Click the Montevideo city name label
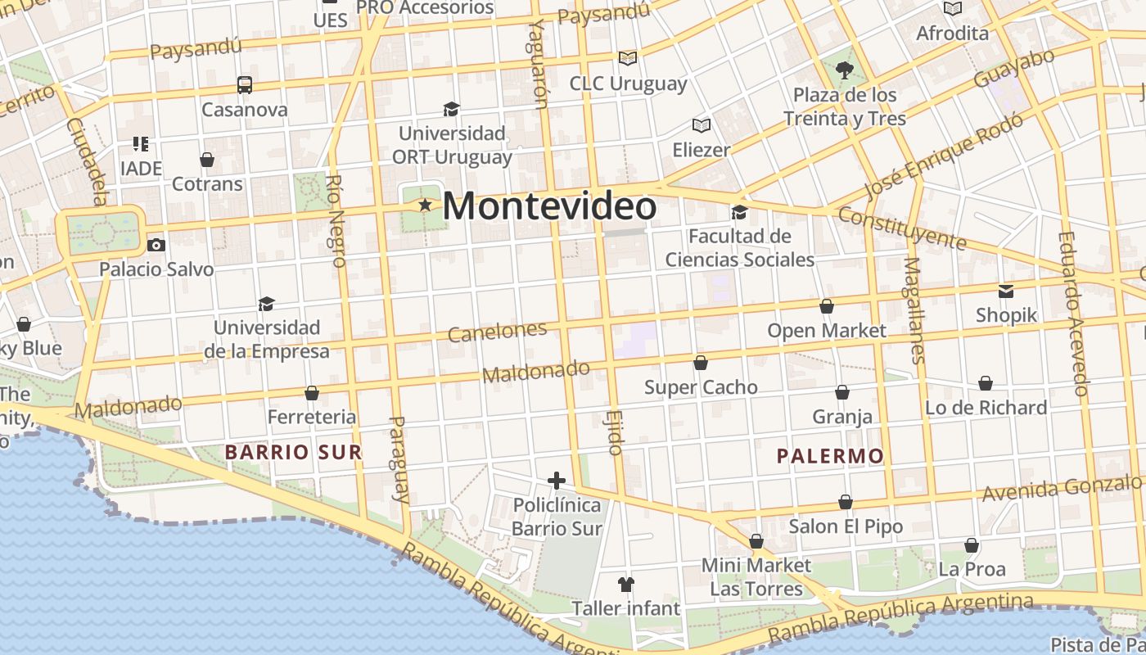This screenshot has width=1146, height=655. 549,206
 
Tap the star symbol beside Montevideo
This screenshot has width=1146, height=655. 425,205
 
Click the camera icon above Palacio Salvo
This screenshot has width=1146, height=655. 156,245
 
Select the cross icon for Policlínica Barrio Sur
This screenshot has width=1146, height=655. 557,481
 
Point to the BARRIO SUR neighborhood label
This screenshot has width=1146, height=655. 293,452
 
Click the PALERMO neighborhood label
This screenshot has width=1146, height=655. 830,456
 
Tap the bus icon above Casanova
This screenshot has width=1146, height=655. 244,84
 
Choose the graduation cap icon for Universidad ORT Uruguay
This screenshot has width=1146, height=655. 451,109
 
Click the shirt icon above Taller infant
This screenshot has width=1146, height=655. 626,584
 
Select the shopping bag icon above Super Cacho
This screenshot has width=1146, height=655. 701,363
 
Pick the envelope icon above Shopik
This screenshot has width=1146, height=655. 1006,291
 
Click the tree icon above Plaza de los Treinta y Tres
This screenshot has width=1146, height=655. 845,70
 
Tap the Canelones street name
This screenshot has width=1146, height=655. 498,332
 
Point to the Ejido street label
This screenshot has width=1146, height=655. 616,432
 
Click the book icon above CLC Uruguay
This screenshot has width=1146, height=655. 628,58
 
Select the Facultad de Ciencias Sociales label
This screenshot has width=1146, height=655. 739,248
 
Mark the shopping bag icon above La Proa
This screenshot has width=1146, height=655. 972,545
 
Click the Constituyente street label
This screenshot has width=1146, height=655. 902,228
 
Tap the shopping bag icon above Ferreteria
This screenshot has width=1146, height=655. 312,394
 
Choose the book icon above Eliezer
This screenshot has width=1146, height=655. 701,125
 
